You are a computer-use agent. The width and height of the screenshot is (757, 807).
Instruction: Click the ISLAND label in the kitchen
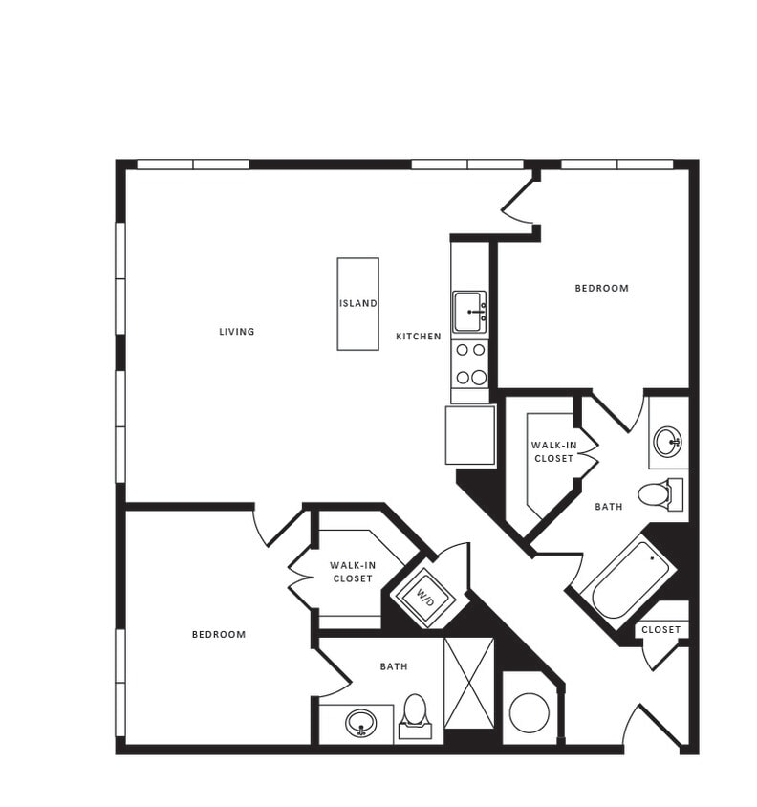coord(358,303)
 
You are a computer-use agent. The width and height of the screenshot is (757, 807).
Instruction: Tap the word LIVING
coord(237,332)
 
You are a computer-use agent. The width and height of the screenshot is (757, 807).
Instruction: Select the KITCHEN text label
coord(419,337)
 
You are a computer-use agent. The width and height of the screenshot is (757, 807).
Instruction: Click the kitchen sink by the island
coord(469,312)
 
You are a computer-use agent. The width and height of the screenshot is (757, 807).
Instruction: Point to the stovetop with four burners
coord(470,364)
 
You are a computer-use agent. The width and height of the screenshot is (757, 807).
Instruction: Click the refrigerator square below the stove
coord(470,435)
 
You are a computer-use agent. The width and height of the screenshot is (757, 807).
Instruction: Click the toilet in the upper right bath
coord(660,494)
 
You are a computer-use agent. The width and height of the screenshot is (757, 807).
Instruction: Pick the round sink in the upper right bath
coord(667,442)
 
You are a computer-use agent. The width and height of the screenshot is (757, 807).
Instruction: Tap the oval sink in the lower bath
coord(361,723)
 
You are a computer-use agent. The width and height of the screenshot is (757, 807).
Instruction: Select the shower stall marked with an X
coord(469,683)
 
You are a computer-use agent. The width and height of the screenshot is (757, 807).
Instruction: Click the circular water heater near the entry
coord(529,712)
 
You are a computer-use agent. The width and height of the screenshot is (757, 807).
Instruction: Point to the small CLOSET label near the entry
coord(661,629)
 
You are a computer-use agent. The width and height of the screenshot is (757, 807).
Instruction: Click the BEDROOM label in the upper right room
coord(602,288)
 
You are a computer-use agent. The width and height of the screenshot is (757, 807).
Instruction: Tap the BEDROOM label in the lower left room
coord(219,634)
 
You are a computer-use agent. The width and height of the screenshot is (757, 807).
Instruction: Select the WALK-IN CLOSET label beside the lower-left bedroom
coord(353,572)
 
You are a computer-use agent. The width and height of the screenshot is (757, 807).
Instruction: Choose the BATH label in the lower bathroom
coord(394,666)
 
